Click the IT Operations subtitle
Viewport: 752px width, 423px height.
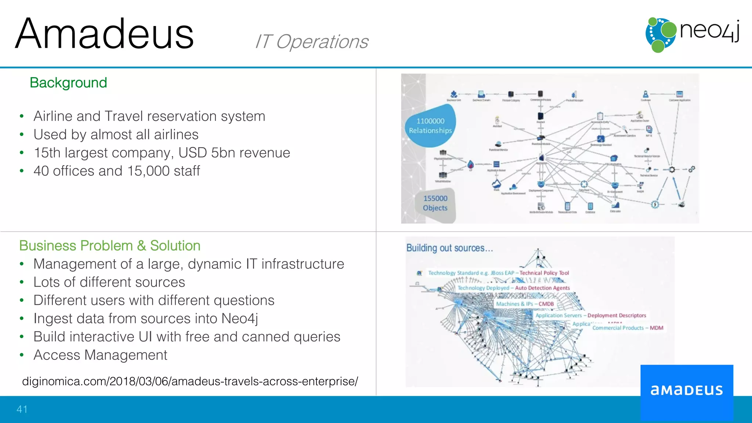(x=311, y=41)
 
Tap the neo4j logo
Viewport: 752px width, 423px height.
(x=692, y=34)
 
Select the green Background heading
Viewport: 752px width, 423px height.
(x=68, y=83)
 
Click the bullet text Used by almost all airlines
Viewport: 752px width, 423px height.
(x=116, y=135)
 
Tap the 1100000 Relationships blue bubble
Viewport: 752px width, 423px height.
(x=430, y=126)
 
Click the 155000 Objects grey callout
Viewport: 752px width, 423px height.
(x=435, y=203)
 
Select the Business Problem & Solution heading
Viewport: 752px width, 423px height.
(x=110, y=246)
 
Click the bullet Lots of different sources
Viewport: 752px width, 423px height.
(x=109, y=282)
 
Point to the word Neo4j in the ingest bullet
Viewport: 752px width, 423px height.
(x=240, y=319)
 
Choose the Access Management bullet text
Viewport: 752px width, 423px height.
(x=100, y=355)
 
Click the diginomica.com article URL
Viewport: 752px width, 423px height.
(x=190, y=382)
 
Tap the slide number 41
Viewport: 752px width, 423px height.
(x=22, y=409)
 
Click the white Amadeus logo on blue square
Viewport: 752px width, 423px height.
(x=687, y=390)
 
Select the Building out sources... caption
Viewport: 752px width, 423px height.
(x=449, y=248)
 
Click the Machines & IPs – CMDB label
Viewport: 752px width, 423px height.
(x=525, y=304)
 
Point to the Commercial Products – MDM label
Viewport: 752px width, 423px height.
(x=628, y=328)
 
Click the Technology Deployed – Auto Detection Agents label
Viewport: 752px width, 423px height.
(x=513, y=288)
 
